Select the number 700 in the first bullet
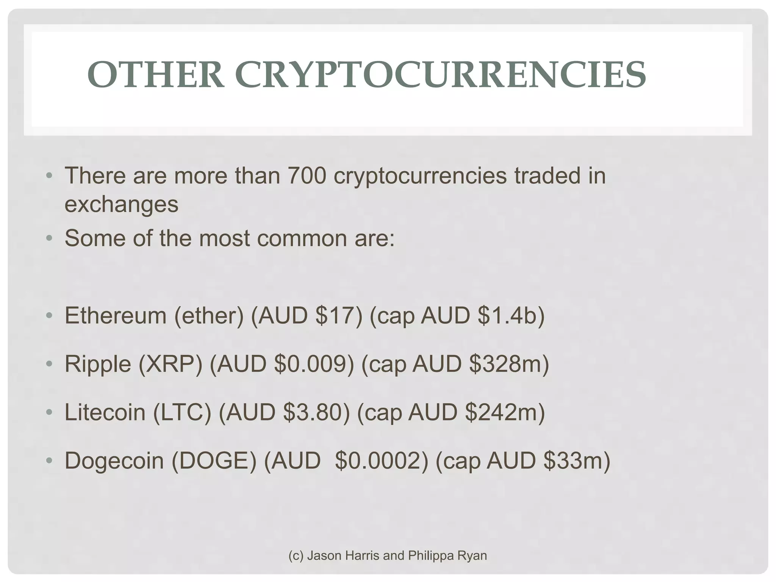[x=307, y=176]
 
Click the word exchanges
[x=121, y=205]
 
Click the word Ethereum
[x=116, y=316]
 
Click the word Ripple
[x=98, y=364]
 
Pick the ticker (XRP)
[x=171, y=364]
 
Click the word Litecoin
[x=105, y=413]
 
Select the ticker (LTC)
[x=182, y=413]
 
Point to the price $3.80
[x=316, y=413]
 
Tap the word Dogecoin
[x=114, y=461]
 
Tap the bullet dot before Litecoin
[x=48, y=413]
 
